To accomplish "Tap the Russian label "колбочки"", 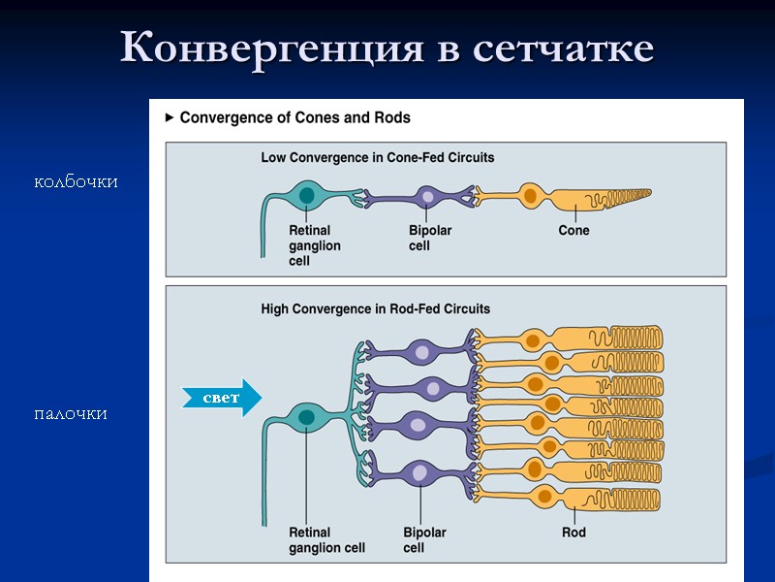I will click(76, 181).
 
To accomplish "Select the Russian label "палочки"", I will click(70, 414).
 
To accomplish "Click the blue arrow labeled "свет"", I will click(222, 398).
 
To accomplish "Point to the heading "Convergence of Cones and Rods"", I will click(294, 117).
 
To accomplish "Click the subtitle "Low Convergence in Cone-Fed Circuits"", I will click(378, 156).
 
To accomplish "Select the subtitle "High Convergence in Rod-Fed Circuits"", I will click(376, 309).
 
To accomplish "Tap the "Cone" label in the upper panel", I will click(573, 231).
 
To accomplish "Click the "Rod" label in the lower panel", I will click(573, 533).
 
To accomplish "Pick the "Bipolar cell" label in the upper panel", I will click(429, 239).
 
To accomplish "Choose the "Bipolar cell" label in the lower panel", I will click(424, 540).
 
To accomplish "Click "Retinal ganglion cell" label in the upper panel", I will click(314, 245).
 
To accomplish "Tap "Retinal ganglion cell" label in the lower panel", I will click(326, 540).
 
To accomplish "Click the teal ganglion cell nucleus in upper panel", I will click(306, 196).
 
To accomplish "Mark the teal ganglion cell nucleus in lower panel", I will click(306, 418).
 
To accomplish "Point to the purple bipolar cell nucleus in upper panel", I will click(428, 197).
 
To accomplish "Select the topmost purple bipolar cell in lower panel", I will click(418, 351).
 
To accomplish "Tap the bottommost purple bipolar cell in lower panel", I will click(419, 473).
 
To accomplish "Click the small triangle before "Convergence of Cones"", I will click(170, 117).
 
